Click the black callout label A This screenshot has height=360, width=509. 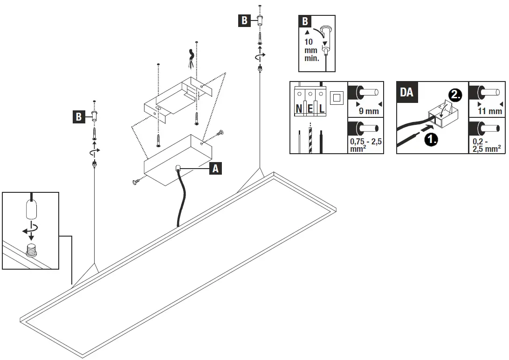tap(215, 168)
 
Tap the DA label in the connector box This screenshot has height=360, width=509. tap(406, 92)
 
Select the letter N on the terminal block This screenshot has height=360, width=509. tap(299, 109)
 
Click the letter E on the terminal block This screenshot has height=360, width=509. tap(310, 109)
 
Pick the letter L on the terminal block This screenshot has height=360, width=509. tap(322, 109)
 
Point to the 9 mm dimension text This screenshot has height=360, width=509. tap(368, 111)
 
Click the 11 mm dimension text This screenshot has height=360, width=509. tap(490, 111)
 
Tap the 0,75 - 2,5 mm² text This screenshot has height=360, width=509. tap(365, 144)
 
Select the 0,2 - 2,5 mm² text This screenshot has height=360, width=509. tap(486, 145)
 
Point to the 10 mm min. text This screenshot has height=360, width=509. tap(311, 50)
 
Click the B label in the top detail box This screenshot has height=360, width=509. tap(305, 21)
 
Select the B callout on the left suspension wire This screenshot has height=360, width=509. tap(78, 117)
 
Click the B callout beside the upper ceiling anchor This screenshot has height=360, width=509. tap(244, 20)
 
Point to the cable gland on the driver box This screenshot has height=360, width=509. tap(179, 169)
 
